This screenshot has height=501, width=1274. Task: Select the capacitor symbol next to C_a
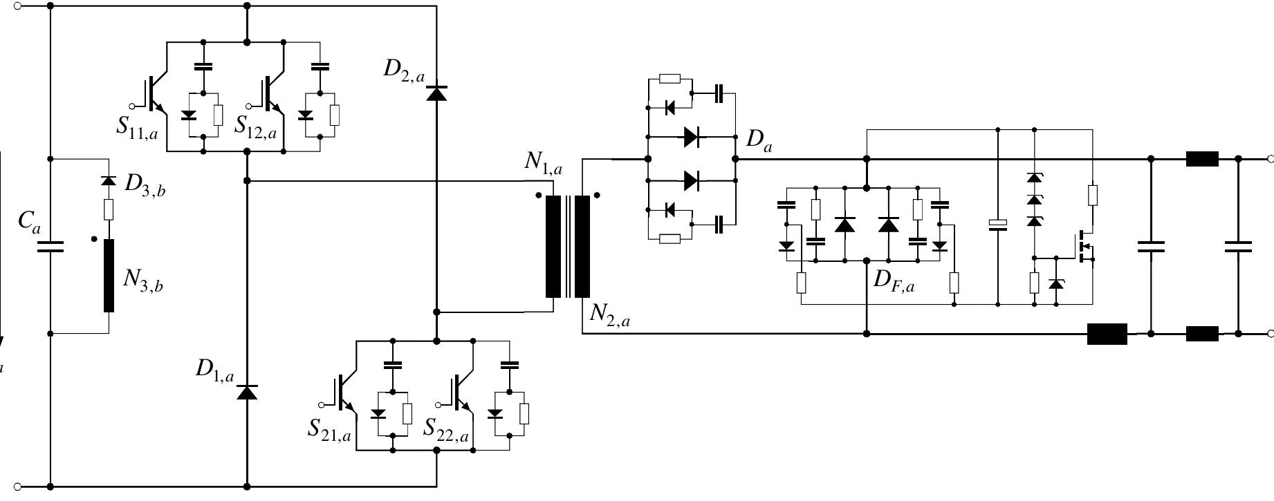pos(50,247)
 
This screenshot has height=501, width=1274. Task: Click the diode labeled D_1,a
pos(247,392)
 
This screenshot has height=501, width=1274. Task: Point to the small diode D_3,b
pos(108,180)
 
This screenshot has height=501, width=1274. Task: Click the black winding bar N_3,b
pos(109,276)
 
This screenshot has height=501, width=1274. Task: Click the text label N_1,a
pos(543,162)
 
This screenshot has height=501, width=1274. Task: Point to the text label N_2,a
pos(609,314)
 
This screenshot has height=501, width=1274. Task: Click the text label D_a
pos(759,140)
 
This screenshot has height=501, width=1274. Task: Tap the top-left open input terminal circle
pos(18,6)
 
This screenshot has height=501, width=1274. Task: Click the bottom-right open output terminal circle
pos(1270,334)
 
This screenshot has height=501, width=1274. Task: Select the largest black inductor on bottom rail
pos(1107,334)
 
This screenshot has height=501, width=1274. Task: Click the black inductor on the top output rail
pos(1202,159)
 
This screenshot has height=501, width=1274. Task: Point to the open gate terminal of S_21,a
pos(321,404)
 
